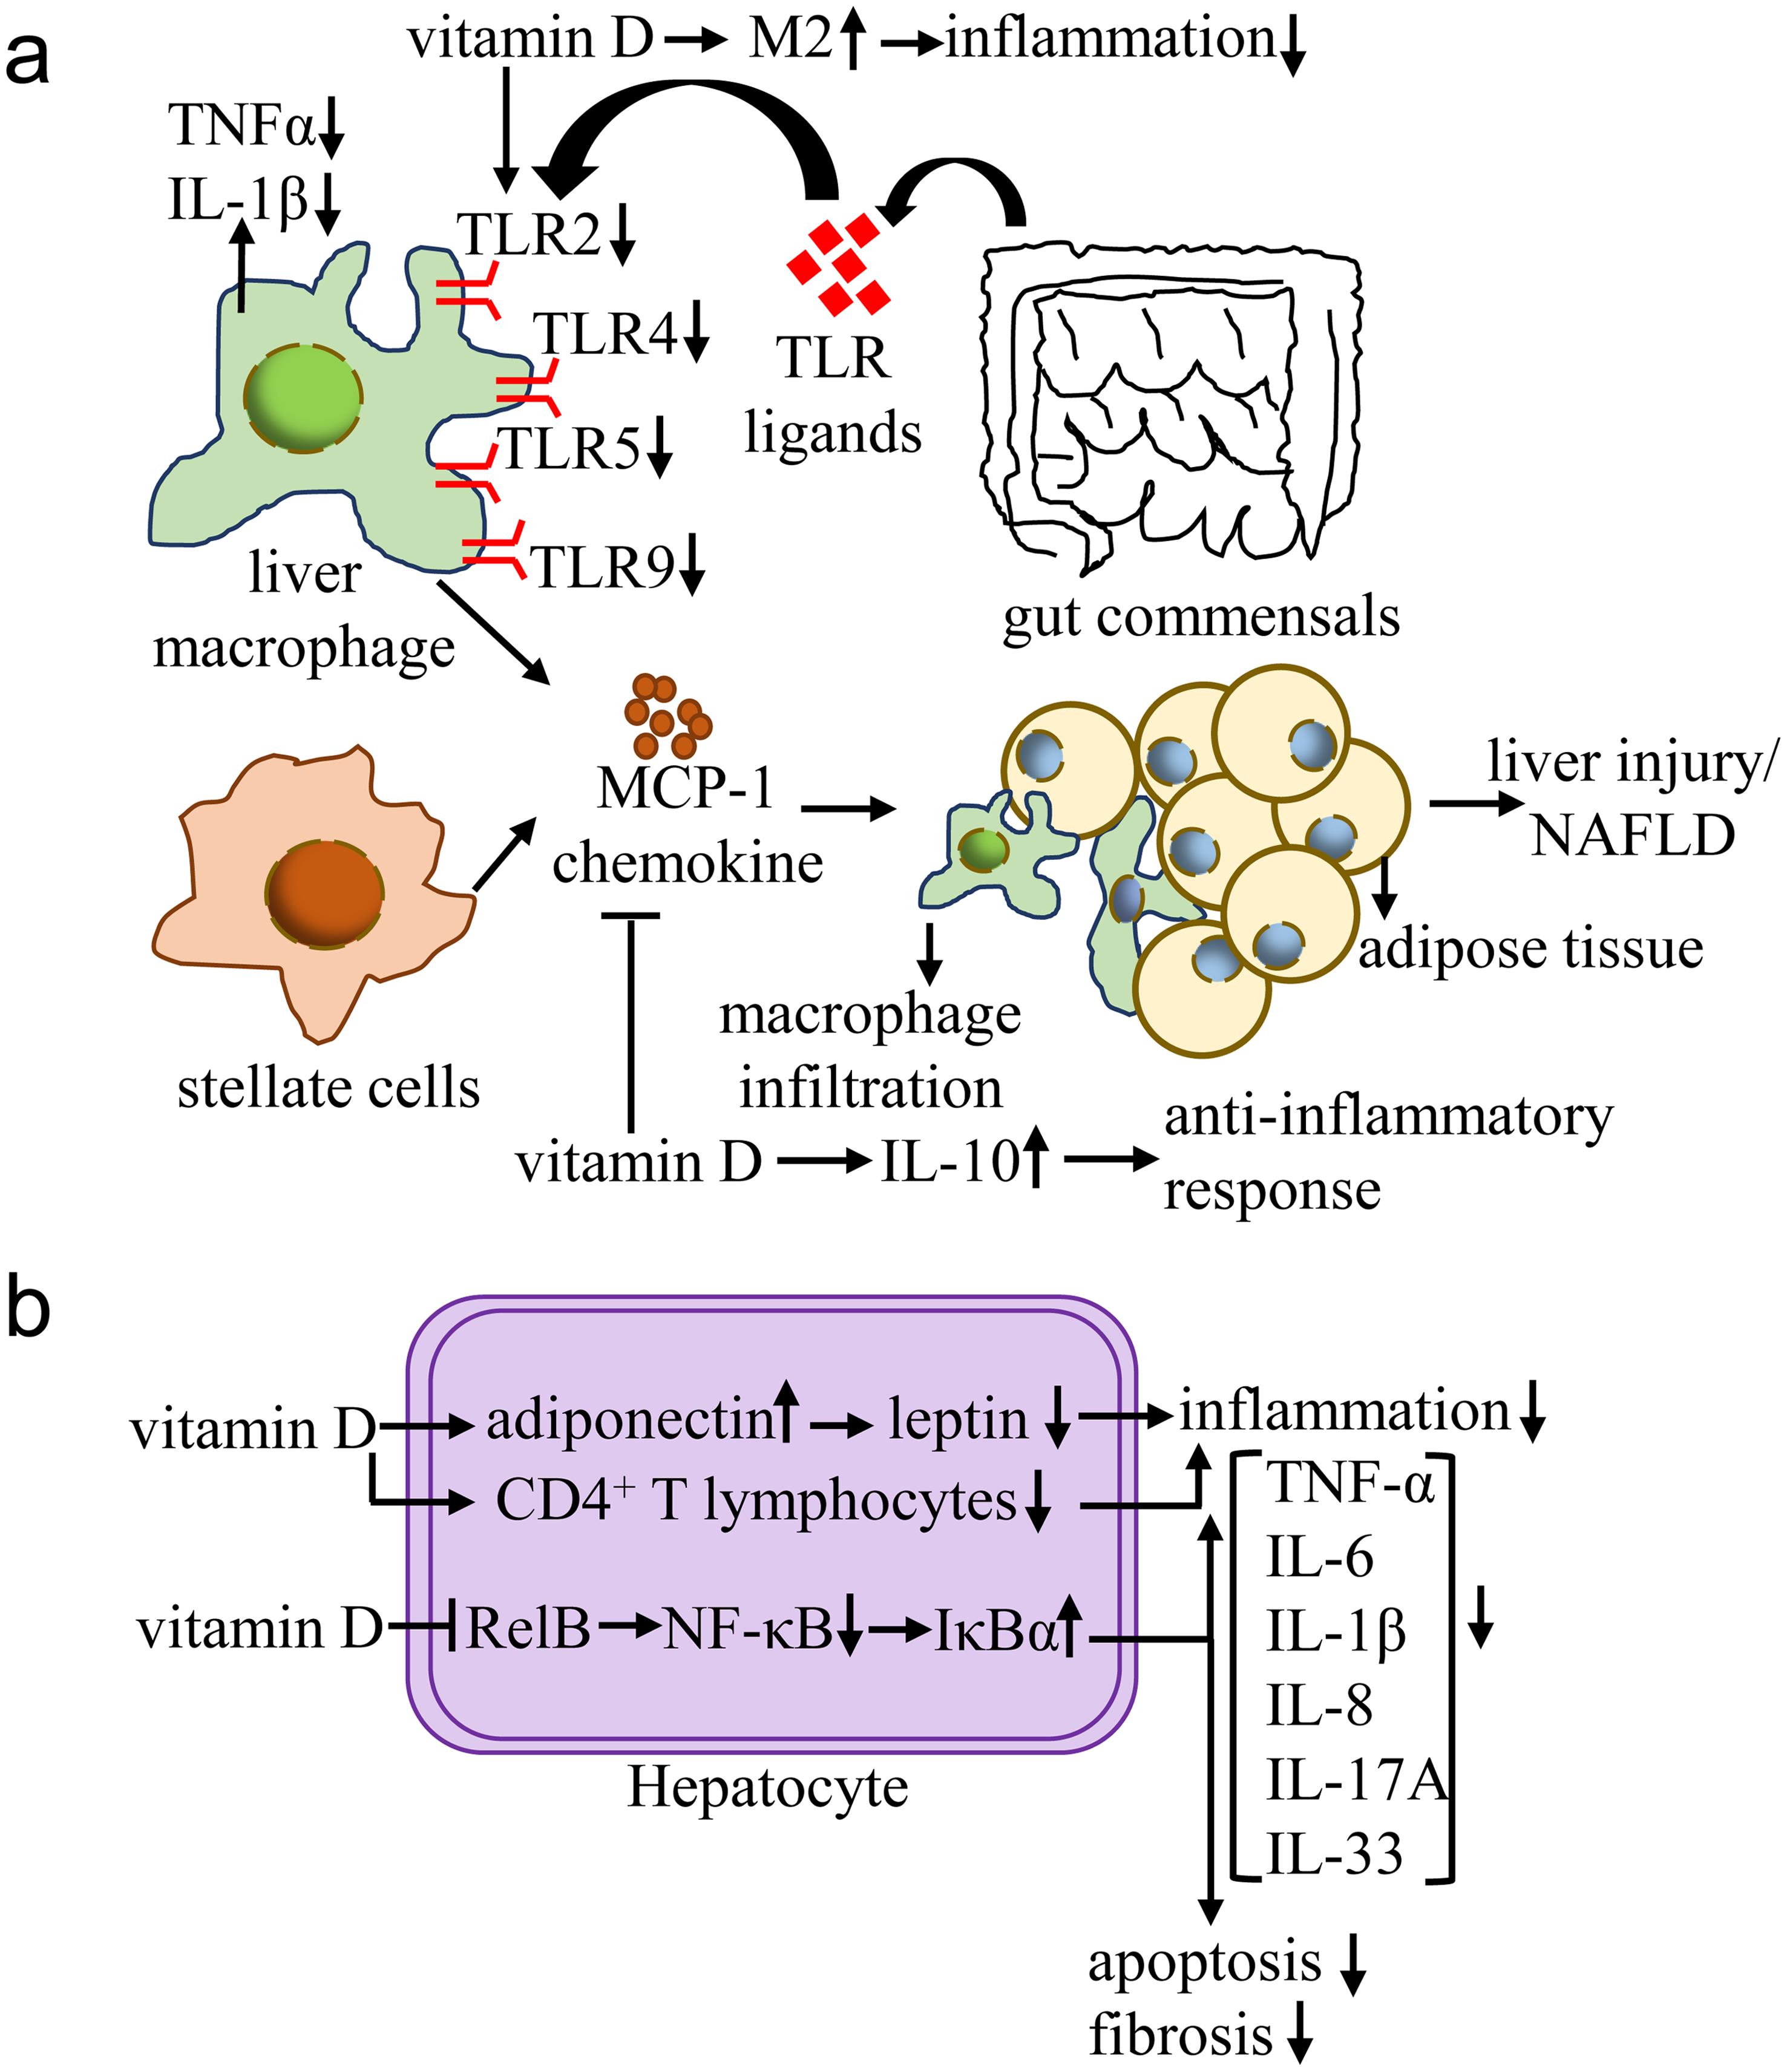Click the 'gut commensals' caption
[x=1201, y=617]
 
